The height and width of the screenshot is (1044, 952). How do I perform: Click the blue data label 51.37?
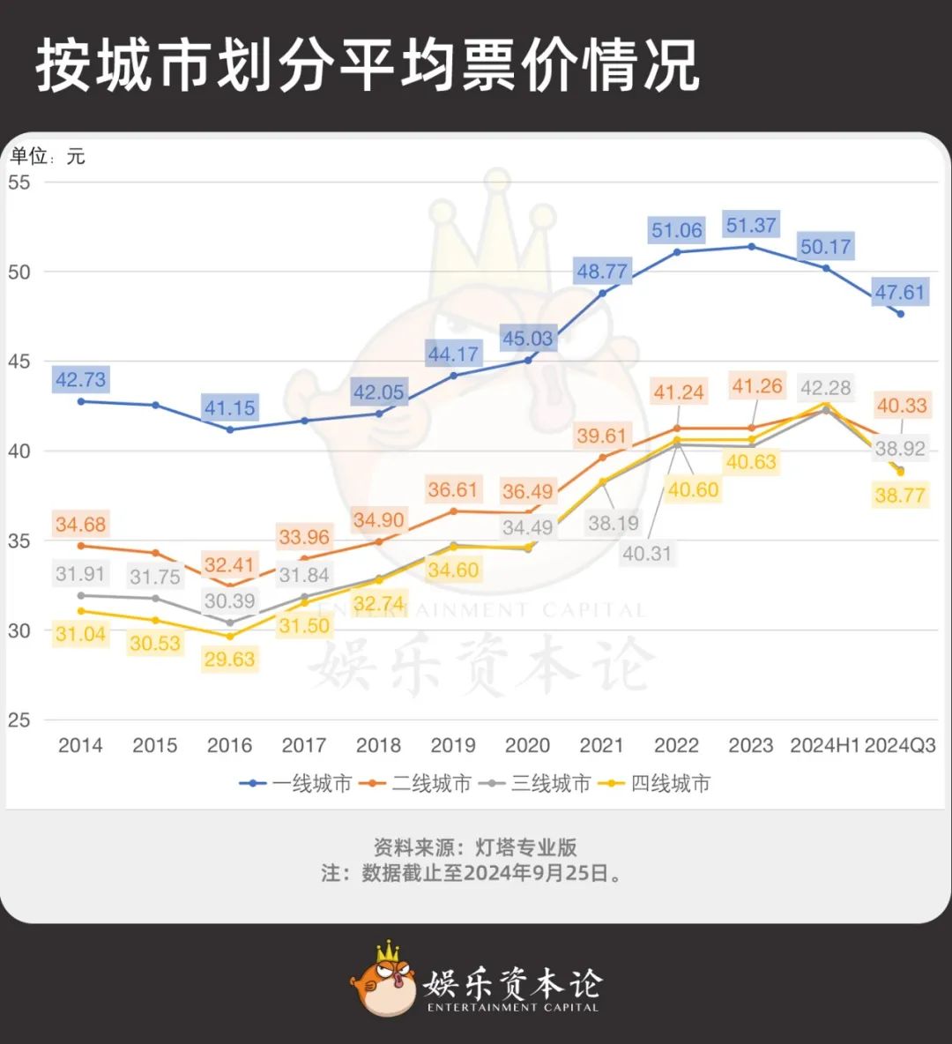pos(751,226)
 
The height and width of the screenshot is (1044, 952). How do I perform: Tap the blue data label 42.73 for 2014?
pos(80,380)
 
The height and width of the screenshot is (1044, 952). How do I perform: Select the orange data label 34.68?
pos(80,525)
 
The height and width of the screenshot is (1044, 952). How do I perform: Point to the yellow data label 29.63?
pos(229,659)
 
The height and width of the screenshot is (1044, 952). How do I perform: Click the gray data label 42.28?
pos(826,388)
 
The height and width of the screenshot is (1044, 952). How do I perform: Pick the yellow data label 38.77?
pos(900,496)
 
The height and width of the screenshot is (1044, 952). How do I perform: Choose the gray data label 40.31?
pos(647,554)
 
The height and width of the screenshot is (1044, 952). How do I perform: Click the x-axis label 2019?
pos(453,745)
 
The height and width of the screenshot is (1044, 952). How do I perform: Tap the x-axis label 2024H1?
pos(825,745)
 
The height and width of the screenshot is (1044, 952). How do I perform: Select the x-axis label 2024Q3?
pos(900,745)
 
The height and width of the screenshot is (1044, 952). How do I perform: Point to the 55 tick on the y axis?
pos(19,183)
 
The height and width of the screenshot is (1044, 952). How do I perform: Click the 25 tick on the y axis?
pos(19,720)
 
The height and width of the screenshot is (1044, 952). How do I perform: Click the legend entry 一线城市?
pos(297,783)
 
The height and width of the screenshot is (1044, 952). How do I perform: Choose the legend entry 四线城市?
pos(655,783)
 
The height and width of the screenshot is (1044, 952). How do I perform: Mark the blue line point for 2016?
pos(230,429)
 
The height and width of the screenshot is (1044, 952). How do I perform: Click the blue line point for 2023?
pos(751,246)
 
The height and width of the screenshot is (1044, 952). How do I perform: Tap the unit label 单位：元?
pos(48,157)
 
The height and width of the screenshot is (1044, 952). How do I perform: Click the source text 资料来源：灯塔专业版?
pos(475,847)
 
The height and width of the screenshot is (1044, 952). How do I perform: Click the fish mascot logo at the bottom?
pos(383,979)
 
